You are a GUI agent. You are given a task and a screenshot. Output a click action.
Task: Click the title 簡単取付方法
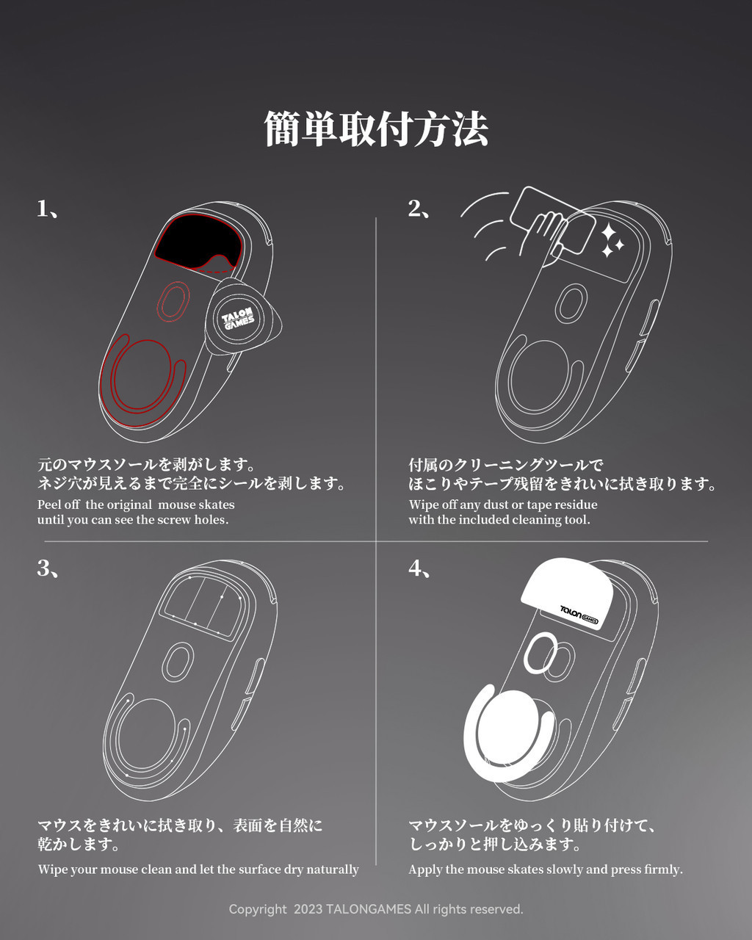point(376,129)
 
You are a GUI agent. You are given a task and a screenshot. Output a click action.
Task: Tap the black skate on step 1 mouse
point(192,242)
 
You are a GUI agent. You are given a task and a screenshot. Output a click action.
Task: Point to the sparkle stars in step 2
point(612,241)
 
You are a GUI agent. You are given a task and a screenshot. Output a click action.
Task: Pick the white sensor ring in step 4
point(542,653)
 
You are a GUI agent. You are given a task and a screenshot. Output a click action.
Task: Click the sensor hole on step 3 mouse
point(177,660)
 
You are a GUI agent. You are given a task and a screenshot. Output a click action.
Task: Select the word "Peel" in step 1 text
point(50,505)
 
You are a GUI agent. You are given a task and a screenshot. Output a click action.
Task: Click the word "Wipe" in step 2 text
point(423,505)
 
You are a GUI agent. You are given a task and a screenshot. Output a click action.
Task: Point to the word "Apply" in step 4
point(425,869)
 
